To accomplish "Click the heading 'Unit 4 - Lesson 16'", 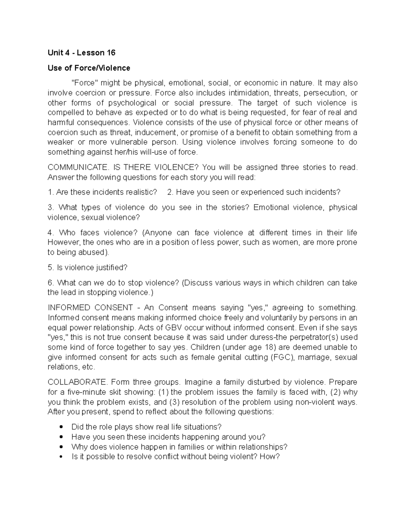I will [82, 53].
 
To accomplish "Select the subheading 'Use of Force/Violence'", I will [89, 68].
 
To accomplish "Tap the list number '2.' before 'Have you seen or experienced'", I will [170, 192].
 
